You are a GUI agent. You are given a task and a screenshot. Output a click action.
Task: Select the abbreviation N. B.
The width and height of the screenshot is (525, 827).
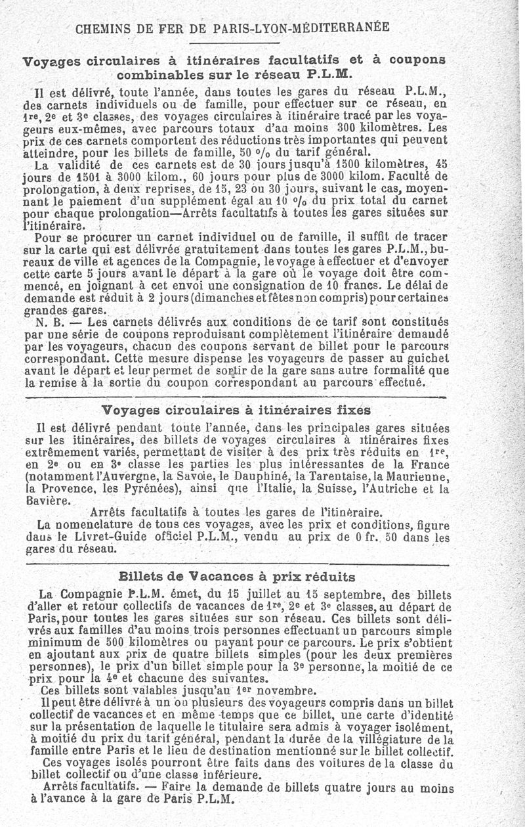tap(49, 322)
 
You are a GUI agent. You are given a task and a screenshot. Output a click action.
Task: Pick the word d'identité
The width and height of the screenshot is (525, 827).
tap(425, 715)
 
